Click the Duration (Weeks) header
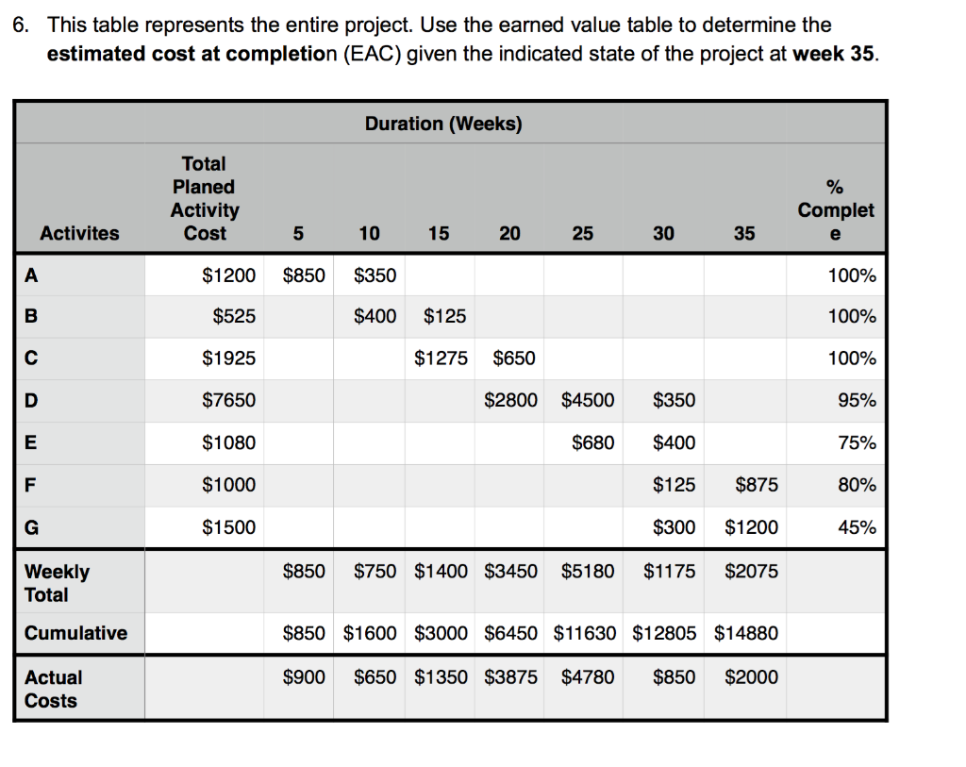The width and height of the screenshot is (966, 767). pos(443,124)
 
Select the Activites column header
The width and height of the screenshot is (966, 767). pos(80,233)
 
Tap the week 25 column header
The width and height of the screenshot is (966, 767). pos(582,233)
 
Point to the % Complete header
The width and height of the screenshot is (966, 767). pos(836,209)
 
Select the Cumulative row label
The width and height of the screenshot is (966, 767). pos(75,633)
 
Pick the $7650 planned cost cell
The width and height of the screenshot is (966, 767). pos(229,401)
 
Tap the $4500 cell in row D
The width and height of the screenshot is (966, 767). pos(587,401)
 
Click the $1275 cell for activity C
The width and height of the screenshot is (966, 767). pos(441,358)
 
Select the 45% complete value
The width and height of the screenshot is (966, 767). pos(857,527)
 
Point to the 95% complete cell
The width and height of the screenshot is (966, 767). pos(857,401)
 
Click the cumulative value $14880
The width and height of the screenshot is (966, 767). pos(746,633)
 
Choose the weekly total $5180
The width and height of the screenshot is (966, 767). pos(587,572)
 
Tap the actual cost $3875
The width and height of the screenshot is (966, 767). pos(510,677)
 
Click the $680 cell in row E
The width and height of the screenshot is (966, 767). pos(592,442)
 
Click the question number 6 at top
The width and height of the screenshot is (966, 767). pos(21,25)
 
